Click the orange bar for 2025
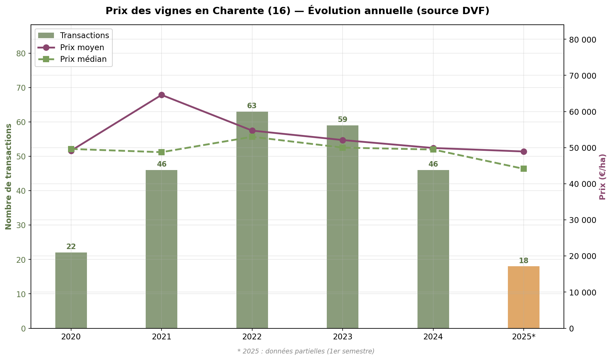pos(523,297)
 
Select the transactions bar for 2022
pos(252,220)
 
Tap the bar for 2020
pos(71,290)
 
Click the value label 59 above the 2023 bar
pos(343,120)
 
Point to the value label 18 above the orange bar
pos(523,261)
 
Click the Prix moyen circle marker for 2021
pos(162,95)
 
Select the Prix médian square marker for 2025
pos(523,169)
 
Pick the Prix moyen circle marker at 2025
pos(523,151)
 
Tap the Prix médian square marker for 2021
pos(162,152)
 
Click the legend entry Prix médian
pos(83,59)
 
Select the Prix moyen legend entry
pos(82,47)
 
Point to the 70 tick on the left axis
pos(21,88)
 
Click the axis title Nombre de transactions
pos(9,177)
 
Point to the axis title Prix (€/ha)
pos(602,177)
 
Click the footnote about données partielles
pos(306,351)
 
